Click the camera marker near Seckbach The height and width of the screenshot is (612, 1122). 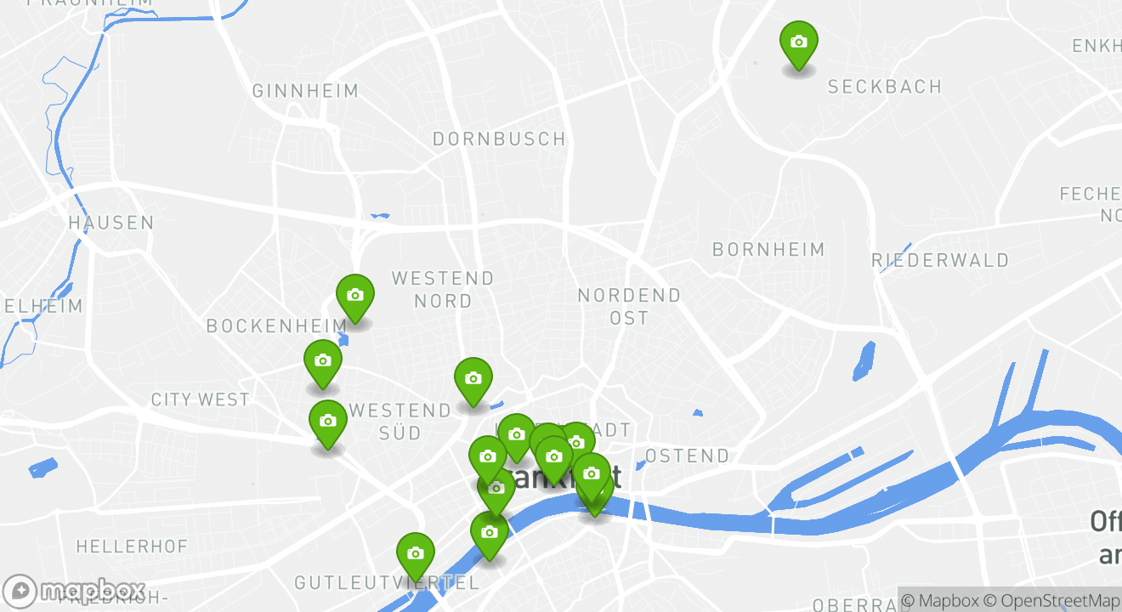pos(798,42)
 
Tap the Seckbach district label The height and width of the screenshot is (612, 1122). pos(884,87)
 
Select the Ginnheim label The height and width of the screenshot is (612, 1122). pos(305,91)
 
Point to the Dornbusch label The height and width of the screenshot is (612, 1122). pos(499,139)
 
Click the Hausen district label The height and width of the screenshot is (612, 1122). pos(111,223)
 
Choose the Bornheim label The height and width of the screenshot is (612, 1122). pos(768,249)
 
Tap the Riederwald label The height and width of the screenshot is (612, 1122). pos(940,260)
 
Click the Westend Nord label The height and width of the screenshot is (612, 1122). pos(443,289)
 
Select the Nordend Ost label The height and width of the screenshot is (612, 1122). pos(629,306)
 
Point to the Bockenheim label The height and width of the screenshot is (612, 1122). pos(276,326)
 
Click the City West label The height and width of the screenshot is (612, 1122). pos(200,399)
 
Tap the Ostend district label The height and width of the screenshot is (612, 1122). pos(687,456)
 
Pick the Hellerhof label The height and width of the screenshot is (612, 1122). pos(132,546)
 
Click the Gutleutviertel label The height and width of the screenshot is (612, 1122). pos(387,583)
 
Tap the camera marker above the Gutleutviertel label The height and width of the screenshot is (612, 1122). pos(415,554)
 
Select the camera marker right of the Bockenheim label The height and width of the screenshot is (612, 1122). pos(355,296)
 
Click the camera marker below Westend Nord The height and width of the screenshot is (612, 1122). pos(473,379)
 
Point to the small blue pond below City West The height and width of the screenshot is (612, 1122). pos(42,467)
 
